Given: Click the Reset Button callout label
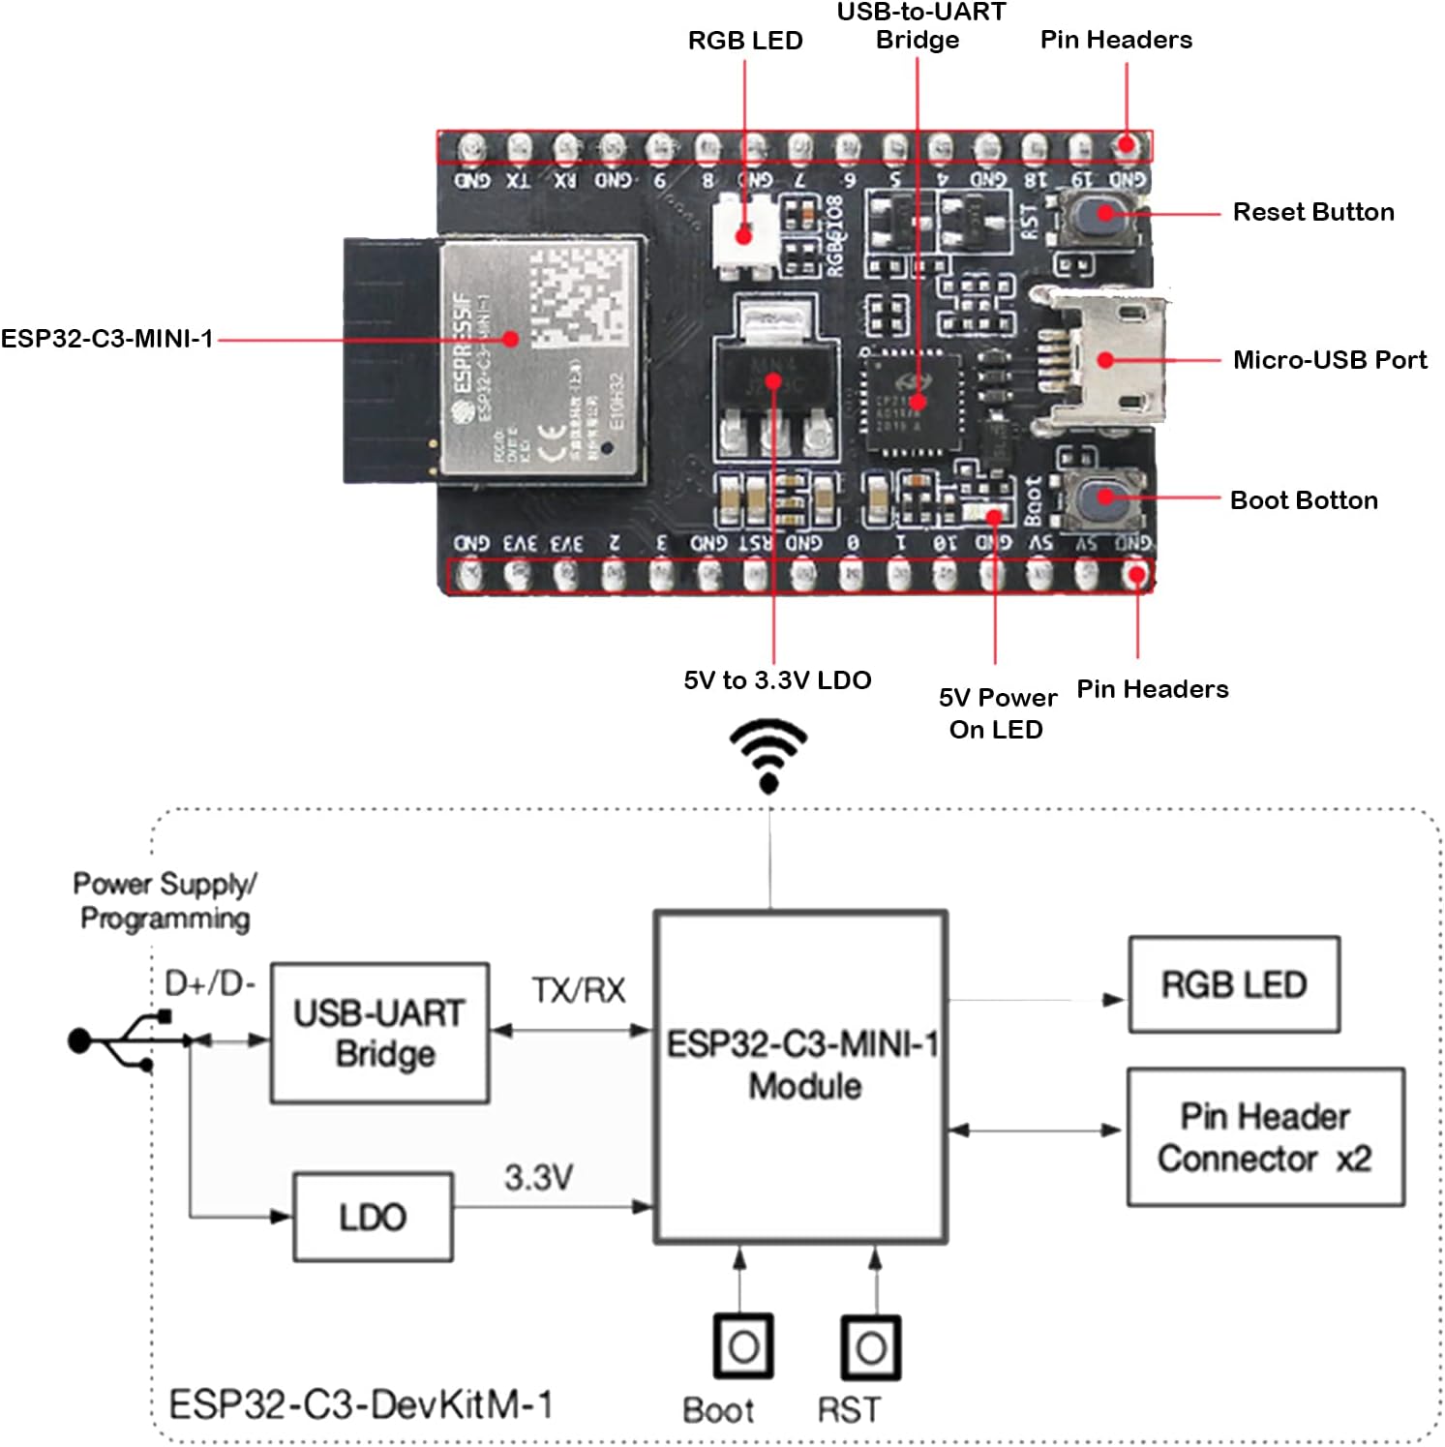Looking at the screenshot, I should tap(1312, 212).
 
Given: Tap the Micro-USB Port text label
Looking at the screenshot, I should tap(1329, 360).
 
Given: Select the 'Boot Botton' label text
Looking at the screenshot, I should tap(1303, 500).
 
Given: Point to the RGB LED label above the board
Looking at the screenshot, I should tap(744, 41).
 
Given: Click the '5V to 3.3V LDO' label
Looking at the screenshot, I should tap(777, 680).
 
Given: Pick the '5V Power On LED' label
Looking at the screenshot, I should tap(997, 713).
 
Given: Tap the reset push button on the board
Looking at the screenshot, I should tap(1101, 215).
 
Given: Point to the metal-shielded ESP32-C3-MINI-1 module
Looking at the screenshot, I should tap(540, 358).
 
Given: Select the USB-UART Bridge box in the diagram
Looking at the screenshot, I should tap(379, 1033).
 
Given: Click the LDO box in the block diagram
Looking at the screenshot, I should tap(373, 1217).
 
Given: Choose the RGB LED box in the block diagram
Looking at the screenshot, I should tap(1234, 984).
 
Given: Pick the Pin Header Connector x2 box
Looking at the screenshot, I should tap(1265, 1137).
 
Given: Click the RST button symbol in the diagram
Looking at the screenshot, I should tap(870, 1346).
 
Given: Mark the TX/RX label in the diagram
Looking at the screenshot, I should tap(578, 990).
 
